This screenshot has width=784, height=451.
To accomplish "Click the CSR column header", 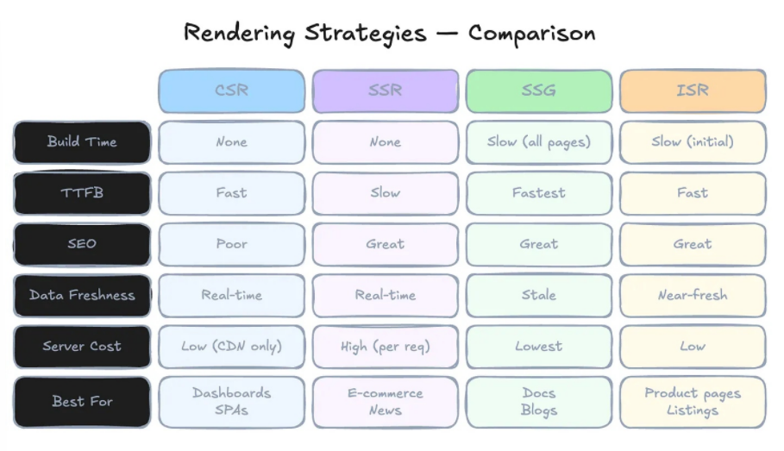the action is [231, 91].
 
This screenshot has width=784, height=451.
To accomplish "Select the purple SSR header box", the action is [386, 91].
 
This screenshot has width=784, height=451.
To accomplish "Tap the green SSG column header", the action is [539, 91].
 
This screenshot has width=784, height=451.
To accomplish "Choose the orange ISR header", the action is [693, 91].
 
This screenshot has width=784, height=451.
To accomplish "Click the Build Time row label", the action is [82, 142].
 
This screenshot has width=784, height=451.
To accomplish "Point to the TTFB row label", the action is [82, 193].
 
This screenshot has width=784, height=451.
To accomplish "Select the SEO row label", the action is [82, 245].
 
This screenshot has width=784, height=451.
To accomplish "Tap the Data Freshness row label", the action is [82, 296].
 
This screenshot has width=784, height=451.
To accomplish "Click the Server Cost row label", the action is [82, 347].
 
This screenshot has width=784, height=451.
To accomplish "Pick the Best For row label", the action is [82, 402].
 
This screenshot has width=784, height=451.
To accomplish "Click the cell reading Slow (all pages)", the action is [539, 142].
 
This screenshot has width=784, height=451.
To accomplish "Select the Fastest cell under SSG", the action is [539, 193].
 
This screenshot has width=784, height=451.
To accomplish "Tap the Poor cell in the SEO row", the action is [231, 245].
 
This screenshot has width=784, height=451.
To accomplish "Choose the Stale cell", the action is [539, 296].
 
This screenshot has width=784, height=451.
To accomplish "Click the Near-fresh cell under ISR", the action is [693, 296].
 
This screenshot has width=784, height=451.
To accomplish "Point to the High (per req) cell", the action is [386, 347].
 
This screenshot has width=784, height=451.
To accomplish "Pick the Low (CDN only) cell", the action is [231, 347].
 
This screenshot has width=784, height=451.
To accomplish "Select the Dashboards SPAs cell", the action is [231, 402].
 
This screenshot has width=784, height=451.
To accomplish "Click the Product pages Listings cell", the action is [693, 402].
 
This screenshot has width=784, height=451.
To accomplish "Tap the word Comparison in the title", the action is [531, 34].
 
